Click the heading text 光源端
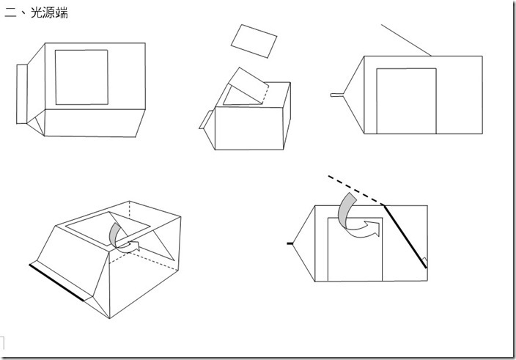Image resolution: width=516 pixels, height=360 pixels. (x=49, y=13)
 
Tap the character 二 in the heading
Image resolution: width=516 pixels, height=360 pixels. (x=10, y=13)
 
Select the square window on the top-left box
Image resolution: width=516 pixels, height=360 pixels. (x=81, y=77)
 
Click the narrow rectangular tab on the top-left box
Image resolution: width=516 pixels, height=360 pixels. (x=22, y=94)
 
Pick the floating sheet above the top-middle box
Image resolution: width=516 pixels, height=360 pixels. (x=254, y=41)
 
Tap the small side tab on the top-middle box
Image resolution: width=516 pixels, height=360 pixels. (x=207, y=120)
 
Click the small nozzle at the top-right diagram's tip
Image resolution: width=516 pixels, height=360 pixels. (x=337, y=95)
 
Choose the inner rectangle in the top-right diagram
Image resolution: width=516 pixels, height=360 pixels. (x=406, y=101)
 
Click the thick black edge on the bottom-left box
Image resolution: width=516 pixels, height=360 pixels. (x=56, y=282)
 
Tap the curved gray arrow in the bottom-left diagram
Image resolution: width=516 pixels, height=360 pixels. (x=114, y=235)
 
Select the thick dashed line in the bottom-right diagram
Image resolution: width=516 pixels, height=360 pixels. (x=355, y=190)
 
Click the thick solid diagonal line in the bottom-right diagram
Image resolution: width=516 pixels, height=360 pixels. (x=405, y=237)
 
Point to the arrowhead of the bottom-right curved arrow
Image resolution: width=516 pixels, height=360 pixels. (x=374, y=228)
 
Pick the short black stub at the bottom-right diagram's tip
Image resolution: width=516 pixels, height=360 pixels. (x=290, y=243)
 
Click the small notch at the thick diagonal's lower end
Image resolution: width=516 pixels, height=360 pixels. (x=425, y=262)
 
